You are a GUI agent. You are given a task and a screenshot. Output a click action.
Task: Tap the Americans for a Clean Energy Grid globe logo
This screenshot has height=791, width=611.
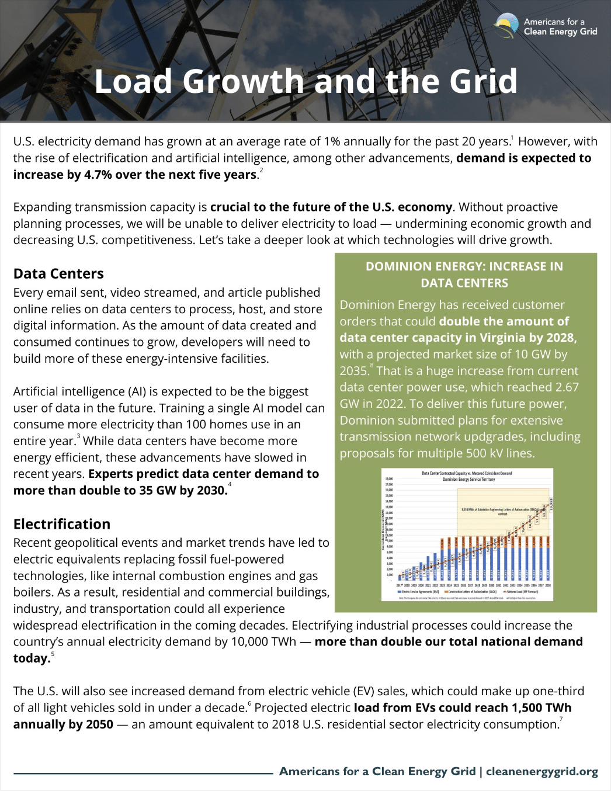click(506, 26)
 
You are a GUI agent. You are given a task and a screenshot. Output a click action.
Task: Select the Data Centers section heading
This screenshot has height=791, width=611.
click(58, 273)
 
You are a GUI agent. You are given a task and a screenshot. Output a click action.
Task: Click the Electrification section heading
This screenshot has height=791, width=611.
click(62, 524)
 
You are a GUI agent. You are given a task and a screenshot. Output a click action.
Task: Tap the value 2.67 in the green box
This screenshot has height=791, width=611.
click(565, 387)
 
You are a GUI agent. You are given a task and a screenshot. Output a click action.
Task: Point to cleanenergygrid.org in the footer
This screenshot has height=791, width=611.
click(542, 771)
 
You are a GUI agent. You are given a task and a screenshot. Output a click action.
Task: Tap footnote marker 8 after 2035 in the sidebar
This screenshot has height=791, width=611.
click(372, 366)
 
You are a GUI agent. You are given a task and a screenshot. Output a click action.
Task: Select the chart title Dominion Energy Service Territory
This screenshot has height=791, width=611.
click(468, 479)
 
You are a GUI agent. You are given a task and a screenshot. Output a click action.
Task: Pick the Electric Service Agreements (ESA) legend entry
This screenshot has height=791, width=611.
click(419, 592)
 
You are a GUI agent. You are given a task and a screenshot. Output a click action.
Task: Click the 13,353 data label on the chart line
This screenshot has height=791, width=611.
click(551, 505)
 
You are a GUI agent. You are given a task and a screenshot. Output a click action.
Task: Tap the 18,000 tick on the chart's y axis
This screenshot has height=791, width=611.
click(389, 478)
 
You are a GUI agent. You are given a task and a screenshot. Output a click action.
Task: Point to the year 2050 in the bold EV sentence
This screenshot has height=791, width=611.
click(99, 724)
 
